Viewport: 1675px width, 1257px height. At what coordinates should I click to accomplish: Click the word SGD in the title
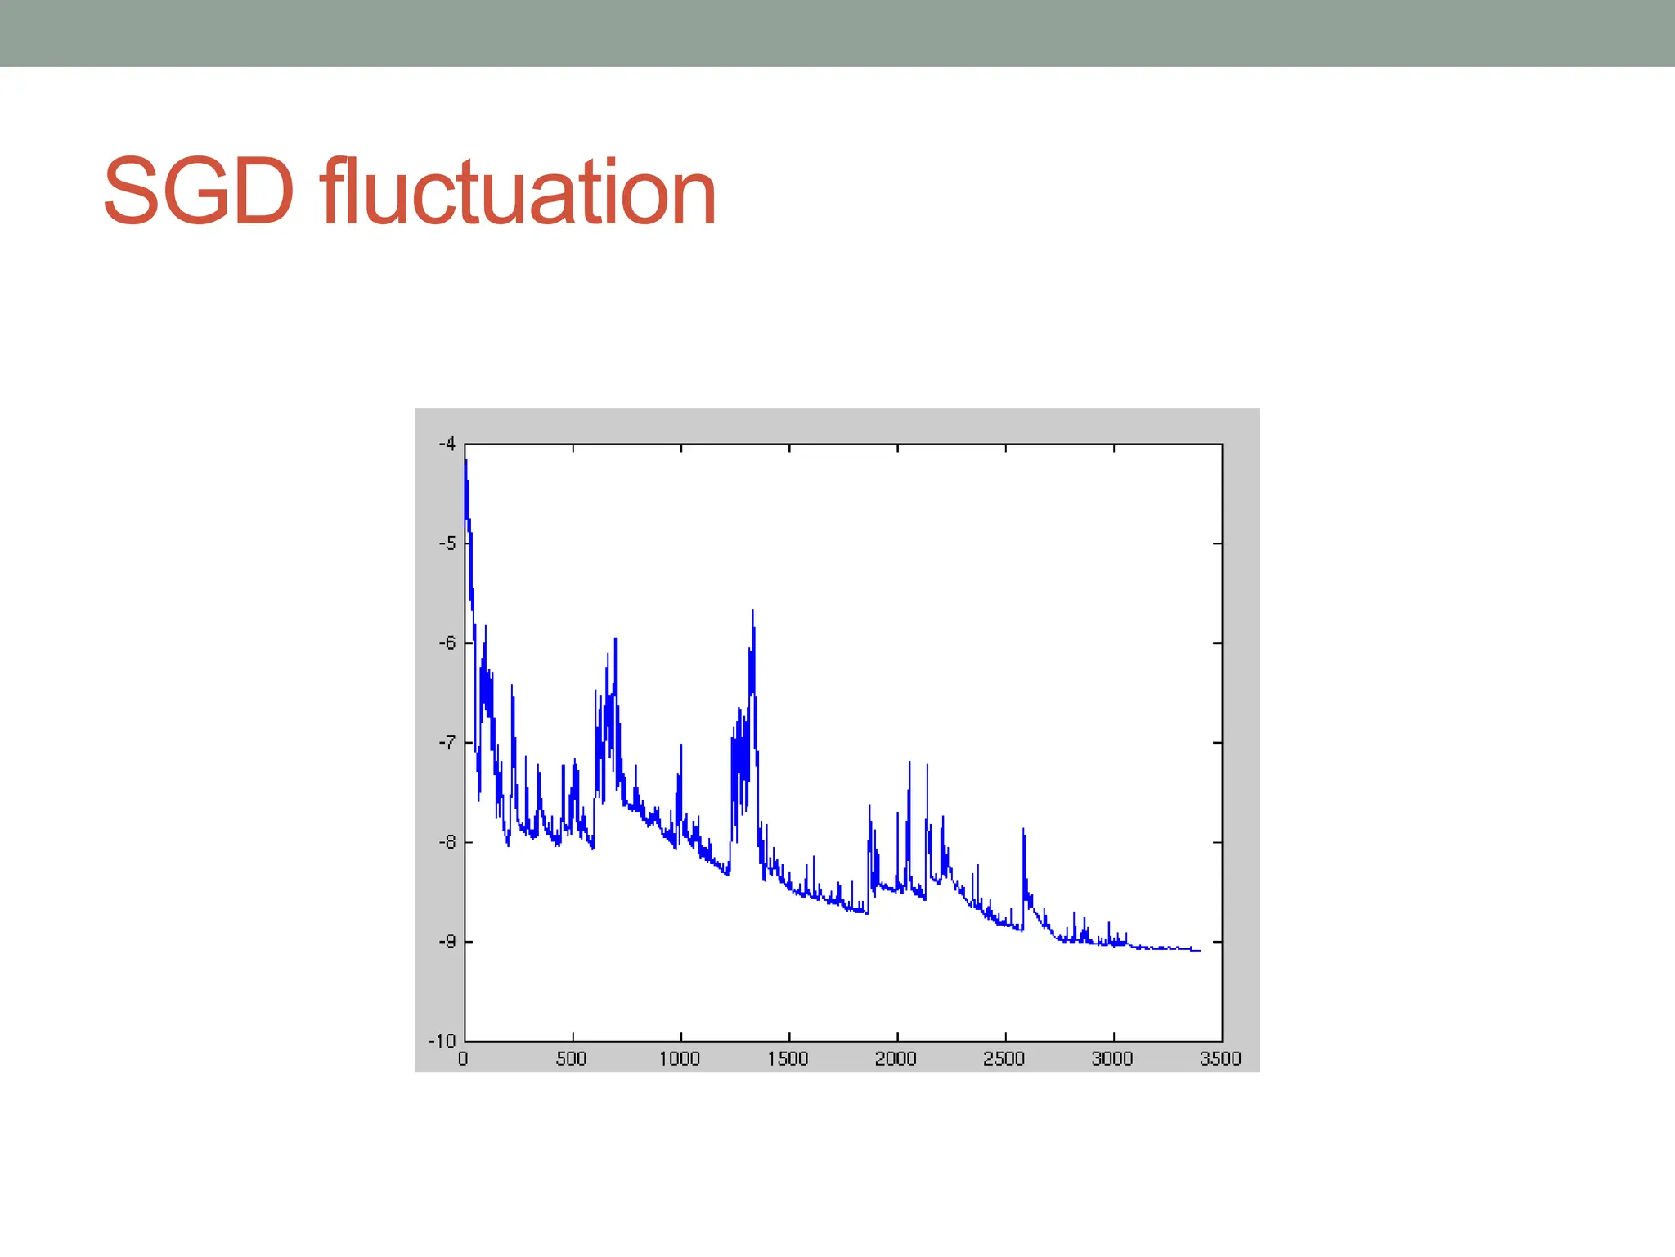click(x=199, y=193)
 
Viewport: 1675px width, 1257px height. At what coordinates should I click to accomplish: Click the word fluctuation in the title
click(x=519, y=193)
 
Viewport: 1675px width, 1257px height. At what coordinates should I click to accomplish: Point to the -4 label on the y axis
click(x=447, y=444)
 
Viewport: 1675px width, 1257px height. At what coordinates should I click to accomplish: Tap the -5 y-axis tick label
click(x=447, y=543)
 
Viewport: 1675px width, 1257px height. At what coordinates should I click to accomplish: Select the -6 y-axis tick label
click(x=447, y=643)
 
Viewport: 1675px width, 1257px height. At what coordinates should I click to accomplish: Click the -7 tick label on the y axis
click(x=447, y=743)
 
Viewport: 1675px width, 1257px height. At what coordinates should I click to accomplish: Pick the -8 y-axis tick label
click(x=447, y=842)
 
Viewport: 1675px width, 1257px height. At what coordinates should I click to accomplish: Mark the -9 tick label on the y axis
click(x=447, y=942)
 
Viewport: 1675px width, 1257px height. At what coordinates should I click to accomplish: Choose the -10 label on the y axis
click(x=442, y=1041)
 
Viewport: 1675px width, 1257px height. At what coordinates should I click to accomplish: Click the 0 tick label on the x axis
click(x=463, y=1059)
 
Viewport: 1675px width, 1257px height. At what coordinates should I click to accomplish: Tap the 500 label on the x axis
click(x=572, y=1059)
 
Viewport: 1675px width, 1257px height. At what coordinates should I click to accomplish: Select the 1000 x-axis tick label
click(x=680, y=1059)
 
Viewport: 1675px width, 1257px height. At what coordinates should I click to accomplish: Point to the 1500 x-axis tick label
click(x=788, y=1059)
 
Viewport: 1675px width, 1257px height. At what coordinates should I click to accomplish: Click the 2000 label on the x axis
click(x=896, y=1059)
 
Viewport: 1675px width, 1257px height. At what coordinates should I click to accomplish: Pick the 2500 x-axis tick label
click(x=1004, y=1059)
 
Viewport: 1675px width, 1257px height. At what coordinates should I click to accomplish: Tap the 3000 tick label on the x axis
click(x=1112, y=1059)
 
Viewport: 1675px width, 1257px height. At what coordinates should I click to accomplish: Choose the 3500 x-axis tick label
click(x=1220, y=1059)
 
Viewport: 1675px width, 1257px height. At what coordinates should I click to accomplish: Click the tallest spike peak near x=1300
click(x=752, y=610)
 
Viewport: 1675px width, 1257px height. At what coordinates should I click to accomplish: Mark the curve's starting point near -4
click(x=465, y=461)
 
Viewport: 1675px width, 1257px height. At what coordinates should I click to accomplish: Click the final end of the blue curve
click(x=1199, y=950)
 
